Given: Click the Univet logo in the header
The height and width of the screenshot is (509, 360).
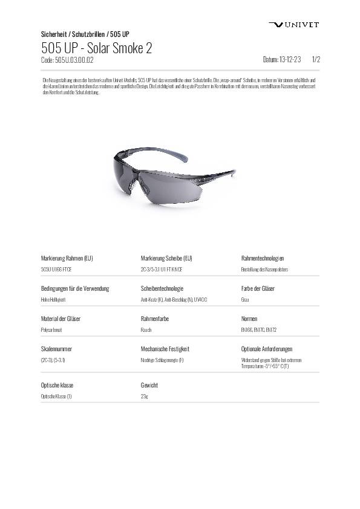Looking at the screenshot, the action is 293,25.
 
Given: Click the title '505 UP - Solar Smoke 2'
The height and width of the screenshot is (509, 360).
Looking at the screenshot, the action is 96,48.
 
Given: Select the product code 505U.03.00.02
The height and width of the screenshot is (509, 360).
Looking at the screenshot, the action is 67,60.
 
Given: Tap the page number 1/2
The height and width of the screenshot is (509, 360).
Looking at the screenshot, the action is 315,60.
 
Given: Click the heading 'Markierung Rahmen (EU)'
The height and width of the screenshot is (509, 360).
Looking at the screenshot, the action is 67,258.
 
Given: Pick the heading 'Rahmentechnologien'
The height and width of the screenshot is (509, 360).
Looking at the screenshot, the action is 263,258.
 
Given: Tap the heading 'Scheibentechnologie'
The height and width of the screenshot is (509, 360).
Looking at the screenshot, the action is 162,288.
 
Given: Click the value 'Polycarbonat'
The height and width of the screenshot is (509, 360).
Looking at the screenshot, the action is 51,330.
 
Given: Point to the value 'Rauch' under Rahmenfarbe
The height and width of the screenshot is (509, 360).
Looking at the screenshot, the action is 146,330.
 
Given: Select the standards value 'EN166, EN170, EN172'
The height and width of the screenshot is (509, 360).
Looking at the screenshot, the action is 258,330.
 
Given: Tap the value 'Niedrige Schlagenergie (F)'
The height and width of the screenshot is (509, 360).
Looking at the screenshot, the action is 162,360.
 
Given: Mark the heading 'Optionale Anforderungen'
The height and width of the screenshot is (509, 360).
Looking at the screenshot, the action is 267,349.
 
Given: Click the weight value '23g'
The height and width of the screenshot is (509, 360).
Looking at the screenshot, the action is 144,397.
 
